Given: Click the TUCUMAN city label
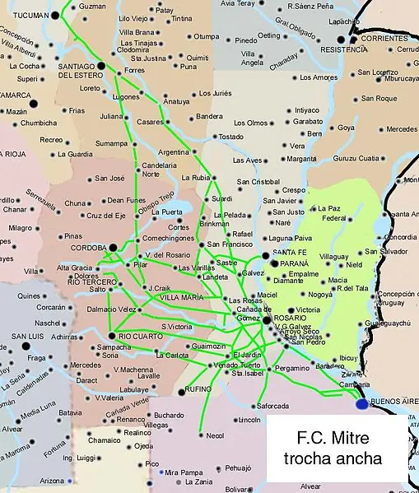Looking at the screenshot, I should point(24,16).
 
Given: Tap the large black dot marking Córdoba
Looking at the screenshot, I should point(113,247).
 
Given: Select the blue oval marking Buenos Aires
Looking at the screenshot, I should point(361,404).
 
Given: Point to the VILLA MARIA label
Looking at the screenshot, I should point(182,297).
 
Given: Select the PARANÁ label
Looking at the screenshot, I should point(294,263).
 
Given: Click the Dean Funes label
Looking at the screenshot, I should point(126,200).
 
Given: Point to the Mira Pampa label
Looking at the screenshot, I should point(182,473).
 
